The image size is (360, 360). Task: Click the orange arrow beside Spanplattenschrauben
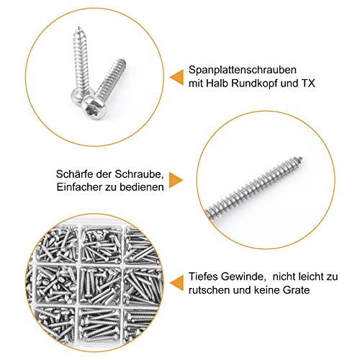(x=175, y=76)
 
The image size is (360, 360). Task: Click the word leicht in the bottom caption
(x=311, y=274)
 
